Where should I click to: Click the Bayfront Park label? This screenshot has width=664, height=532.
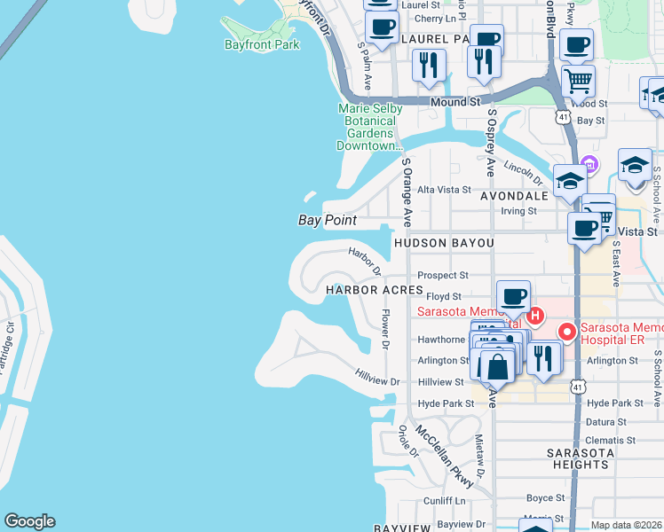[x=262, y=44]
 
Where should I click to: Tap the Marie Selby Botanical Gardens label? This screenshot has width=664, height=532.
[x=370, y=127]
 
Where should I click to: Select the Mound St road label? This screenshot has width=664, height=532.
[x=455, y=102]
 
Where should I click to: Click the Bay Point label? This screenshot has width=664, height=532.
[x=327, y=220]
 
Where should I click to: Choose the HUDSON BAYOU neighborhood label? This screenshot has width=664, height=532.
[x=443, y=242]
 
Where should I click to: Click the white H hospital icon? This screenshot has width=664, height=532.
[x=534, y=316]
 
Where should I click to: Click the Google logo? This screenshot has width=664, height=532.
[x=29, y=521]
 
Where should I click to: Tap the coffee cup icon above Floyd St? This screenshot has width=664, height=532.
[x=512, y=297]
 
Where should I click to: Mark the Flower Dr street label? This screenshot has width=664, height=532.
[x=385, y=327]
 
